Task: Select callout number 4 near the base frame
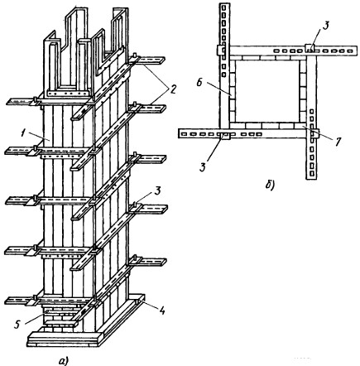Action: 163,311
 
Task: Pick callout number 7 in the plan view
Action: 338,141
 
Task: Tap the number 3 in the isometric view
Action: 157,191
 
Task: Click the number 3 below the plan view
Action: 203,166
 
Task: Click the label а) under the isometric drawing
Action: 64,360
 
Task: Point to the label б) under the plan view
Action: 270,185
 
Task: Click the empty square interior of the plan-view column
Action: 267,91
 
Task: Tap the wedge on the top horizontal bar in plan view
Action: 310,48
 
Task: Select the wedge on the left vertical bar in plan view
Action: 220,50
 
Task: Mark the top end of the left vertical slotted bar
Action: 224,4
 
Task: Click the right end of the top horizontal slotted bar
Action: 356,51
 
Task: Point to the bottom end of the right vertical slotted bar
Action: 311,179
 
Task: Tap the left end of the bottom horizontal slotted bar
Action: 180,134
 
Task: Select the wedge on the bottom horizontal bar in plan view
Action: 224,136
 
